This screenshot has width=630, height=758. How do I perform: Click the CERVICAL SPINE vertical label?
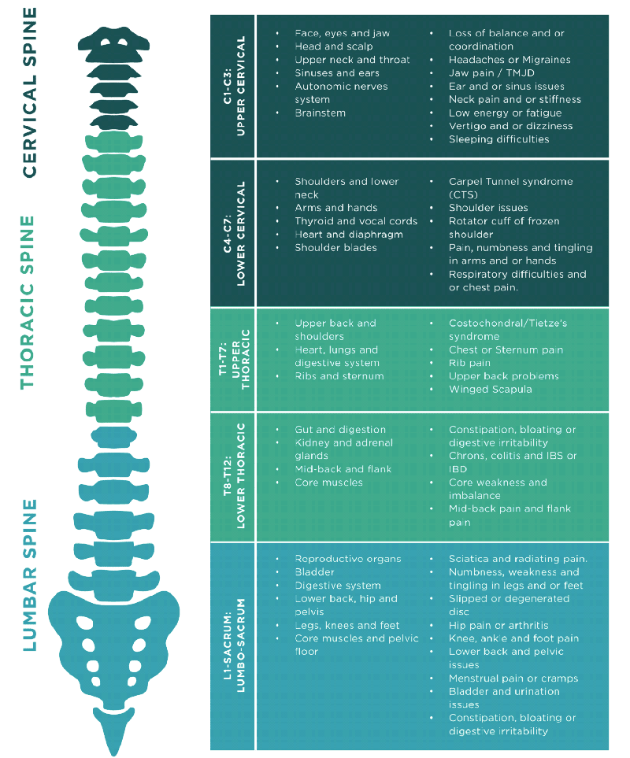30,92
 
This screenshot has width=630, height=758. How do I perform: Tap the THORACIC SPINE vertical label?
28,302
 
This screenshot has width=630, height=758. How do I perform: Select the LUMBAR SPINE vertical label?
30,575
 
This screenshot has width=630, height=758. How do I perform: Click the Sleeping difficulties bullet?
498,139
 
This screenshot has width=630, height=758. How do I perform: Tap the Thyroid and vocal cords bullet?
356,221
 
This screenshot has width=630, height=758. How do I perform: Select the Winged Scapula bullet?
490,389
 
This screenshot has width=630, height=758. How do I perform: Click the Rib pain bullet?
469,363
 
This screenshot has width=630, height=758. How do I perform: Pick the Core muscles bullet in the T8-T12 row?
328,483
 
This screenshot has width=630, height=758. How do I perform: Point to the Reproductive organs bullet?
347,559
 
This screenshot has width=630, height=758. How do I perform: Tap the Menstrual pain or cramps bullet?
513,679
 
